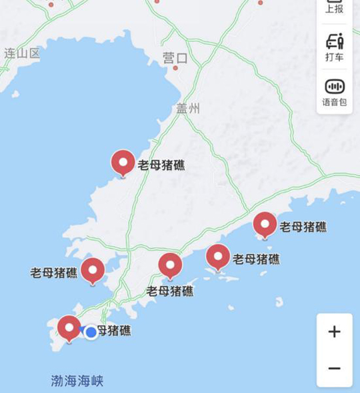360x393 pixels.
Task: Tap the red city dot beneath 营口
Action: tap(175, 68)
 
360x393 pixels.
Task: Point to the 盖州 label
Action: tap(188, 109)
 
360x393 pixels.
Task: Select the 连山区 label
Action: tap(22, 53)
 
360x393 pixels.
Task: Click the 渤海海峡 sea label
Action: tap(77, 381)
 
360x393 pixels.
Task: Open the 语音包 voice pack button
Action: tap(335, 91)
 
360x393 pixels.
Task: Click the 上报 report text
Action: tap(335, 9)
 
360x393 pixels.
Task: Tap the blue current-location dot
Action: tap(91, 332)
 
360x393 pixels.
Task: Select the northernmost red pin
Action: tap(123, 162)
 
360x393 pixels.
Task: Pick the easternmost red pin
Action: tap(265, 224)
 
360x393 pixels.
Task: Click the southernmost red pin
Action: tap(69, 328)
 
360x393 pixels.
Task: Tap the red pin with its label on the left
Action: tap(93, 270)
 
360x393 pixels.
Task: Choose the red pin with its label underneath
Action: tap(170, 265)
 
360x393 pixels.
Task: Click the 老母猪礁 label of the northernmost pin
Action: tap(161, 165)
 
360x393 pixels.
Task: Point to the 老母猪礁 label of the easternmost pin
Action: tap(303, 226)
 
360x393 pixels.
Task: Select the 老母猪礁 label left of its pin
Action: tap(54, 272)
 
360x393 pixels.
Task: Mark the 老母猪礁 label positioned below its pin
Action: tap(170, 290)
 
